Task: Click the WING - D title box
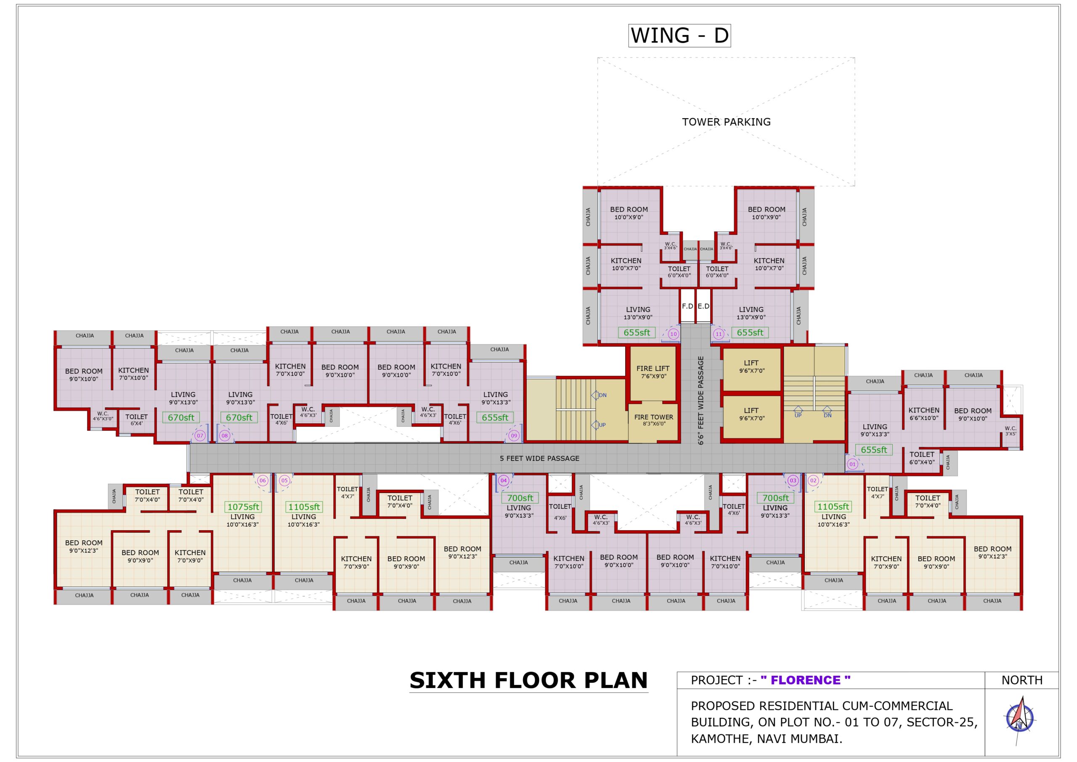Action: coord(679,35)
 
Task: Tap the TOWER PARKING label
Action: coord(726,122)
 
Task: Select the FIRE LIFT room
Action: coord(653,372)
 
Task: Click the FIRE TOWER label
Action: coord(653,417)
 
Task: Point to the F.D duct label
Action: coord(687,306)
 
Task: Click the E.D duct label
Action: coord(703,306)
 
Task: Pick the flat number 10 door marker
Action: coord(673,335)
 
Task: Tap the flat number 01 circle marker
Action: coord(852,464)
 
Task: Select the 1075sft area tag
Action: coord(243,507)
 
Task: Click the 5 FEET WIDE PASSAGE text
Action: coord(539,458)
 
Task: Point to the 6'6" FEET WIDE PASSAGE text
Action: coord(701,400)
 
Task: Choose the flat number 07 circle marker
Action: coord(200,436)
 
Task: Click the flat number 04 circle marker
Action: coord(503,481)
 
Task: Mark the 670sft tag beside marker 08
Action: coord(239,417)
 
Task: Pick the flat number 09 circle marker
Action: coord(514,436)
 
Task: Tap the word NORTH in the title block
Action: coord(1021,680)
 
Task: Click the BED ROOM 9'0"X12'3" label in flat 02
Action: coord(992,552)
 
